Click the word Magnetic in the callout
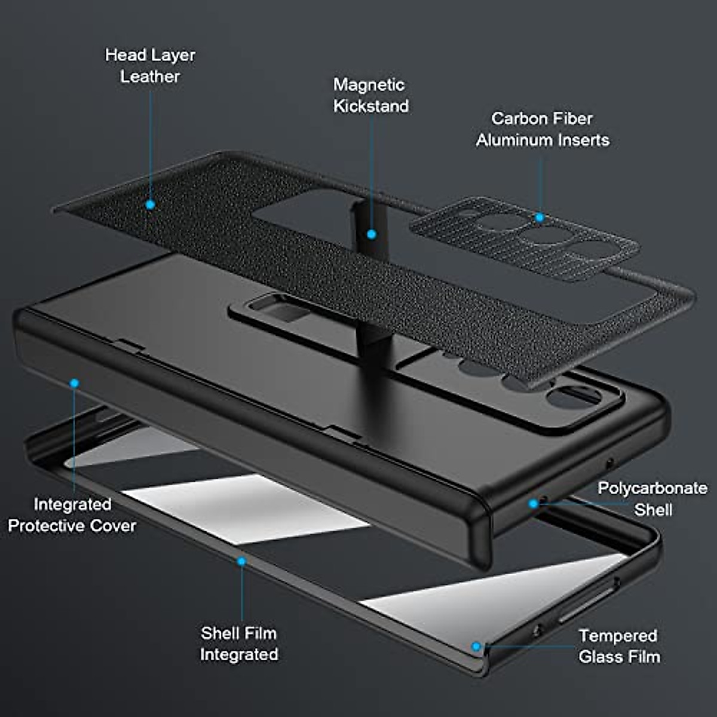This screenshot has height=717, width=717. point(369,85)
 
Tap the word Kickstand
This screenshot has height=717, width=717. point(371,106)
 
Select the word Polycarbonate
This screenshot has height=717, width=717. point(652,488)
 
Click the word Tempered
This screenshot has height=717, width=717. point(618,636)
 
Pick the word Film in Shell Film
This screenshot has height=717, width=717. point(261,633)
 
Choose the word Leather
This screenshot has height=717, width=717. point(150,76)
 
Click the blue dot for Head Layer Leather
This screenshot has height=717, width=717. point(151,204)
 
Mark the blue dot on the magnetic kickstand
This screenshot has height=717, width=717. point(372,234)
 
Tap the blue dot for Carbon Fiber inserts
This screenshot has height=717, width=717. point(540,217)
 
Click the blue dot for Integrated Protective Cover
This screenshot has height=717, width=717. point(74,383)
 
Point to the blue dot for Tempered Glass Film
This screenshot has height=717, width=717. point(476,646)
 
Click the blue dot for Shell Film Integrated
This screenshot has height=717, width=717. point(241,562)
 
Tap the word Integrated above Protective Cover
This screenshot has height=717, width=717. point(72,504)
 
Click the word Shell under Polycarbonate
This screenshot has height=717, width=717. point(653,510)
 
